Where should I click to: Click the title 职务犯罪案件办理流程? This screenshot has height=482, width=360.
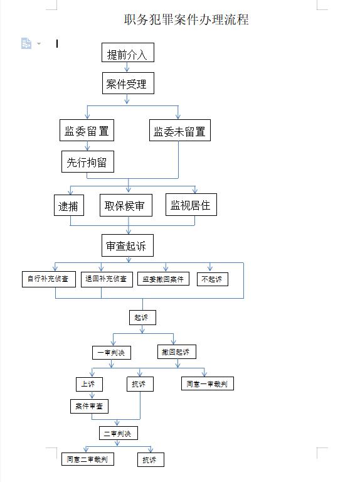click(x=186, y=19)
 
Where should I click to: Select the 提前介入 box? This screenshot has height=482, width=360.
click(x=128, y=53)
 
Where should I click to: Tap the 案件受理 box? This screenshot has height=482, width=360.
click(x=128, y=83)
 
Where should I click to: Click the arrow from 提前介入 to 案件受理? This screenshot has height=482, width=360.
click(x=127, y=67)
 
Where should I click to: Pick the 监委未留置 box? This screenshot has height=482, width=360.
click(x=180, y=131)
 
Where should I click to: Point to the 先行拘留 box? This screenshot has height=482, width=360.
click(x=88, y=161)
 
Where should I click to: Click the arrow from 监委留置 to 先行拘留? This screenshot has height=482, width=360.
click(x=87, y=146)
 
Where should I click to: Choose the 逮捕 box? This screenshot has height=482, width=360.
click(x=69, y=205)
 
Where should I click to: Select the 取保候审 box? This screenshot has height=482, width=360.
click(x=126, y=205)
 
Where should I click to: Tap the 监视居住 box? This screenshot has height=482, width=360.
click(x=191, y=205)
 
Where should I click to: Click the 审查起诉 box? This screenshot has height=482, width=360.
click(x=127, y=245)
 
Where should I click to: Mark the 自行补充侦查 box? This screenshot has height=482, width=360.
click(x=49, y=279)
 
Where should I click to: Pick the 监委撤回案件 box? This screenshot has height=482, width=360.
click(x=163, y=279)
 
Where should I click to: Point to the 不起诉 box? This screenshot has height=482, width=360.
click(x=213, y=279)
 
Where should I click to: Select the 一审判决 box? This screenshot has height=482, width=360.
click(x=112, y=353)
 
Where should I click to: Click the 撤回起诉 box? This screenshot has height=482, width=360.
click(x=177, y=352)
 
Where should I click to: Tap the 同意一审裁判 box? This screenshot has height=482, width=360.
click(x=208, y=383)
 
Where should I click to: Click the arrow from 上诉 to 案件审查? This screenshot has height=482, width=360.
click(x=92, y=395)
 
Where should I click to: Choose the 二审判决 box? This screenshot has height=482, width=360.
click(x=119, y=433)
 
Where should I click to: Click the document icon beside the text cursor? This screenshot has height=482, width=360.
click(x=26, y=43)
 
